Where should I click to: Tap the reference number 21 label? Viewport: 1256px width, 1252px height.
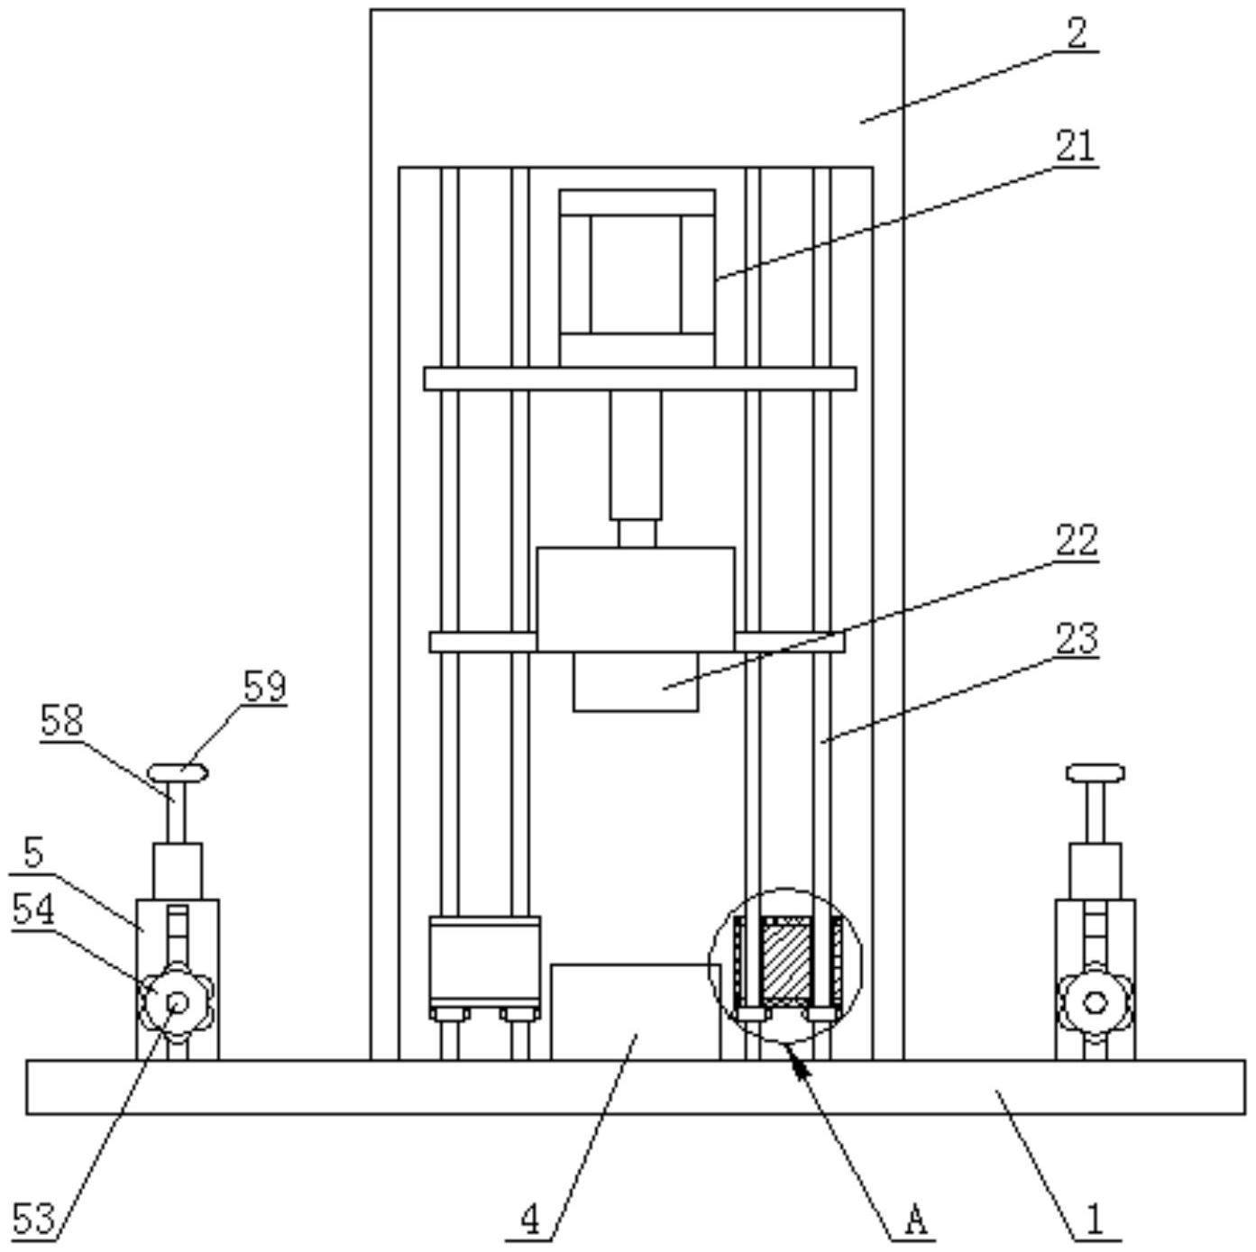[1076, 146]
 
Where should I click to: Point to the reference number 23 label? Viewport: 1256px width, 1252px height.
[1077, 639]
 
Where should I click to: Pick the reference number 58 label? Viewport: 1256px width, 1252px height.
[62, 721]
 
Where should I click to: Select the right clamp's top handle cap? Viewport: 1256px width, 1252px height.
[1096, 773]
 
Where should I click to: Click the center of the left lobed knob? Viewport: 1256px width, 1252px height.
[178, 1002]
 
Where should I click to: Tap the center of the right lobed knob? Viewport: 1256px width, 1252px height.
[1095, 1002]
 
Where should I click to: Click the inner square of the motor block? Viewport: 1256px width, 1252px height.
[637, 274]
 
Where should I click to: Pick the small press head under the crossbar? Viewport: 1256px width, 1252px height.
[636, 681]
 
